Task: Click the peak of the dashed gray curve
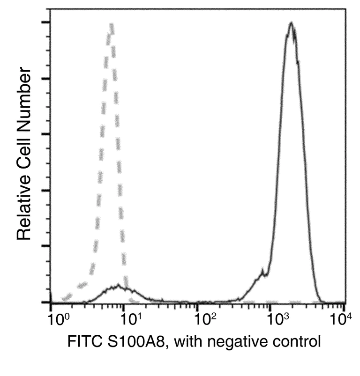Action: [111, 24]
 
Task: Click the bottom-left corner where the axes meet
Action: [51, 302]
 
